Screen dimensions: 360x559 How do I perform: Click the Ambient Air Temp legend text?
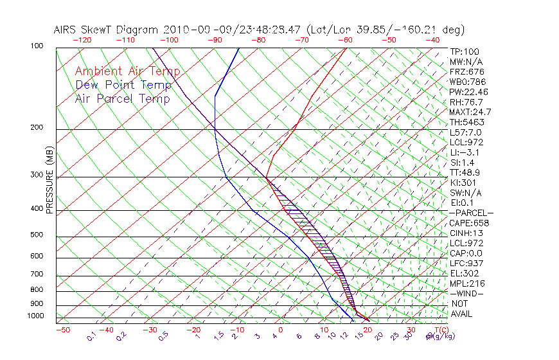(127, 71)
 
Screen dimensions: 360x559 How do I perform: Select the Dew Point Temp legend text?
(123, 85)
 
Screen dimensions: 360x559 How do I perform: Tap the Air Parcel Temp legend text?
(122, 98)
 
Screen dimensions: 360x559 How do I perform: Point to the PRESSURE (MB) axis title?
(50, 183)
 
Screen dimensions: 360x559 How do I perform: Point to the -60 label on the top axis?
(346, 39)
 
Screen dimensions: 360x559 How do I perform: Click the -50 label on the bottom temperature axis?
(62, 330)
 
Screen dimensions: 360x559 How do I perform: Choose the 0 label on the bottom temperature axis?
(280, 330)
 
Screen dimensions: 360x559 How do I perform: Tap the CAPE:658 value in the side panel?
(469, 223)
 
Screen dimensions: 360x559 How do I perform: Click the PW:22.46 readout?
(469, 92)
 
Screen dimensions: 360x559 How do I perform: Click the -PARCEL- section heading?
(471, 213)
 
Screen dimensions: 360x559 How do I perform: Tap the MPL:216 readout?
(467, 283)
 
